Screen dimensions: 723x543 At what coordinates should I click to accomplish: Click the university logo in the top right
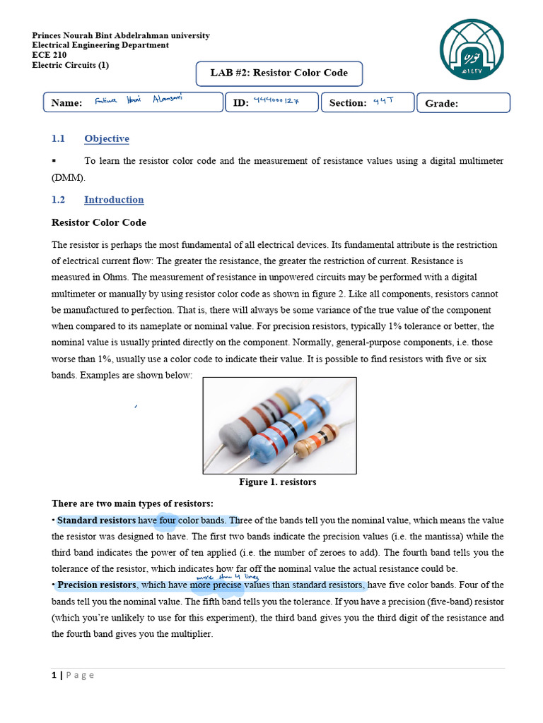tap(472, 49)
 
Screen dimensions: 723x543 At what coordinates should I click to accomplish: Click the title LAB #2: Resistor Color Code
tap(280, 73)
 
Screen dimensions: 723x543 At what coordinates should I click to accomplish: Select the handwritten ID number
tap(276, 101)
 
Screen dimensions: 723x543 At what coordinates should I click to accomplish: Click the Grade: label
tap(441, 104)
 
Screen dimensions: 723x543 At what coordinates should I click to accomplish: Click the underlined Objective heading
tap(106, 138)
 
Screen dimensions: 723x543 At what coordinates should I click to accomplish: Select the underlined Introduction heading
tap(113, 199)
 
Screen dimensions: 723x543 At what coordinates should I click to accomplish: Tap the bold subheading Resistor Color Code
tap(99, 222)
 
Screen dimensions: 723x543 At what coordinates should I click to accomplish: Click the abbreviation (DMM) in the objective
tap(68, 177)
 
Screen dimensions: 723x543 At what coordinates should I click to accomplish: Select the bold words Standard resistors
tap(97, 521)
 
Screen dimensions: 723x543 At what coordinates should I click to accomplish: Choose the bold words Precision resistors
tap(97, 585)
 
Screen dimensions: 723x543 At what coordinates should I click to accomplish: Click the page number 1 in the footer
tap(54, 675)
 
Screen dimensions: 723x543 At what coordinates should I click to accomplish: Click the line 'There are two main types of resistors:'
tap(132, 503)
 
